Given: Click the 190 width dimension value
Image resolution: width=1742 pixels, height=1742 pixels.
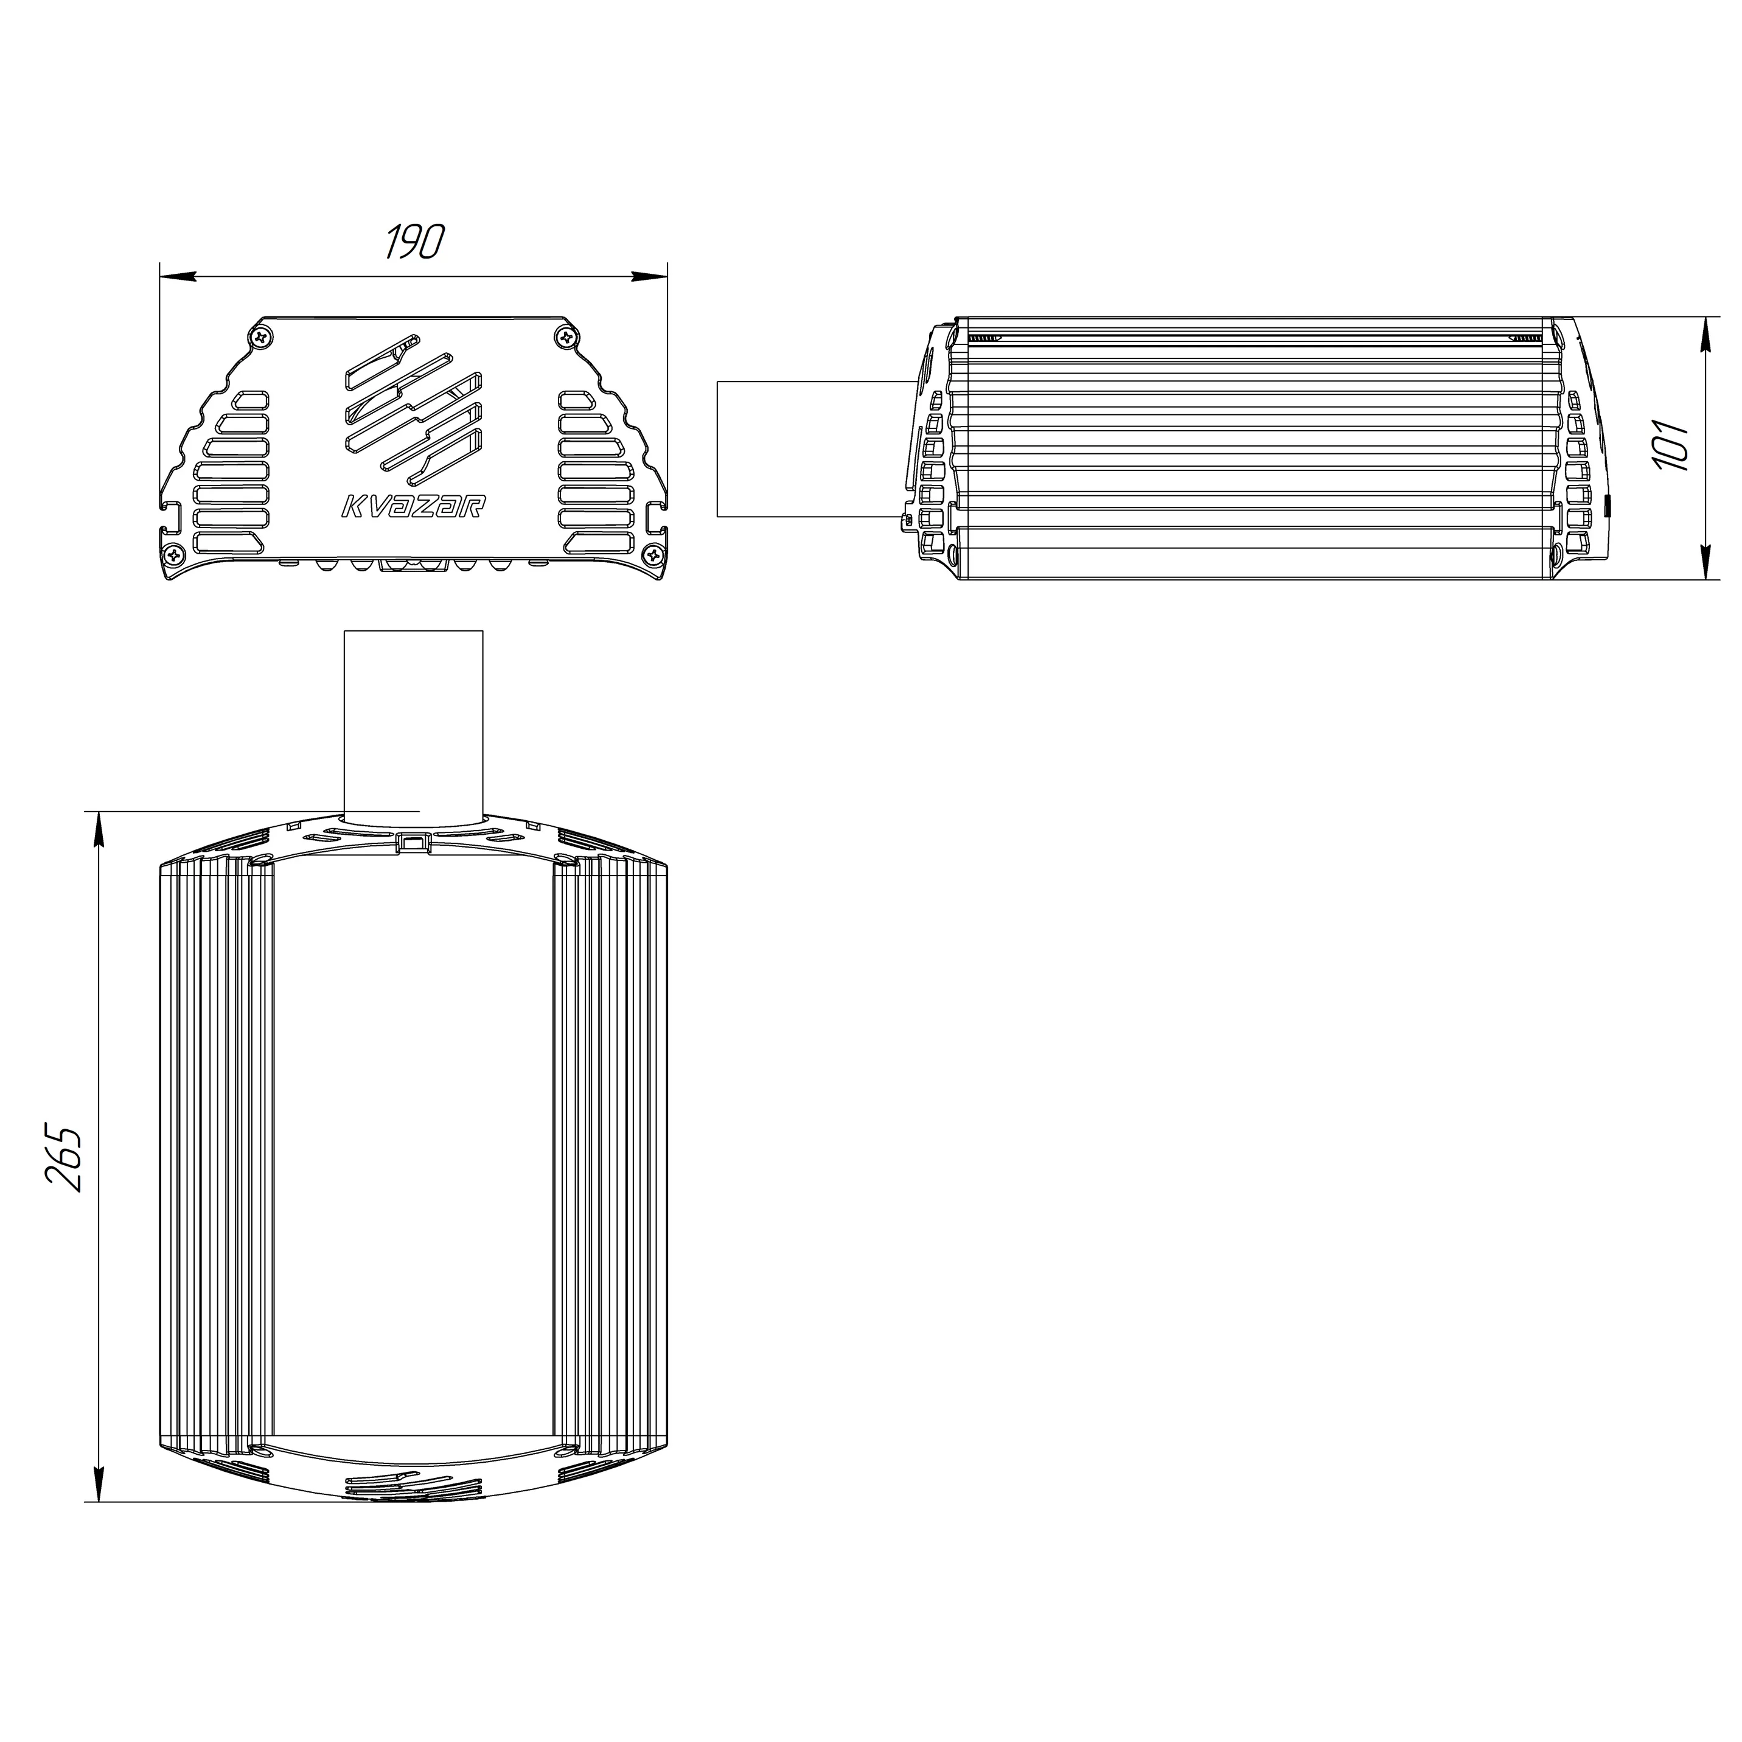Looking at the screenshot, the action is click(x=416, y=242).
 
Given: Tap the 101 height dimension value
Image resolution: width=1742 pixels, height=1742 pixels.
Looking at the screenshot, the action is click(x=1671, y=445).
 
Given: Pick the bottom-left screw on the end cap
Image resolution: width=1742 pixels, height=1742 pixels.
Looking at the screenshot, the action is click(x=172, y=556).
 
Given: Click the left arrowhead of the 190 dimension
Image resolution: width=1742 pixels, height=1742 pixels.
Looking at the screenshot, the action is click(x=176, y=275).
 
